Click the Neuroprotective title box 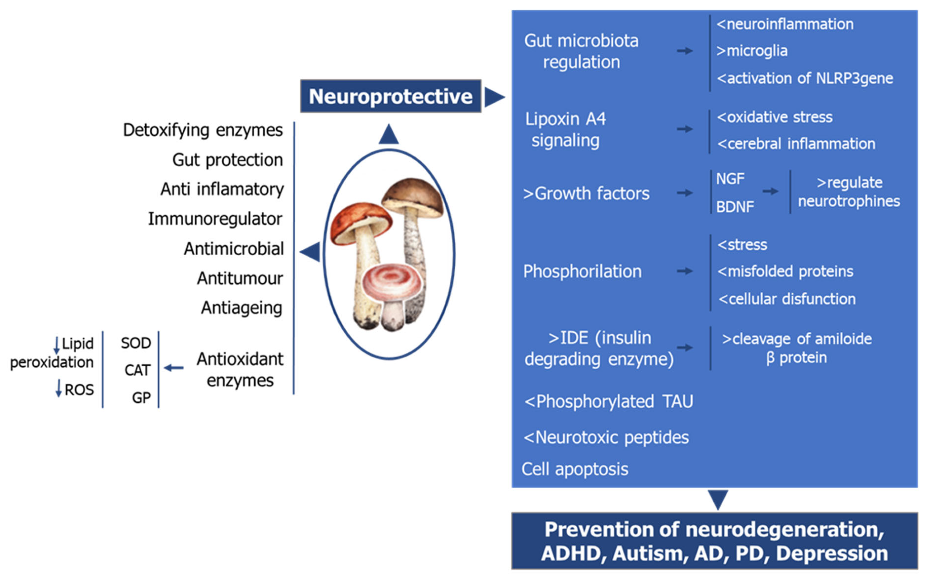[x=391, y=96]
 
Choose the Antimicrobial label [x=234, y=249]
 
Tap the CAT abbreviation [x=137, y=370]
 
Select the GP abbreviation [x=141, y=397]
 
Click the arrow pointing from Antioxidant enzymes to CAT [x=174, y=368]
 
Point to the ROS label [x=79, y=390]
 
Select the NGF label [x=730, y=179]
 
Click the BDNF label [x=735, y=207]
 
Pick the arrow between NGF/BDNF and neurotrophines [x=770, y=191]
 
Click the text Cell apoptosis [x=575, y=469]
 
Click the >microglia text [x=752, y=51]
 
